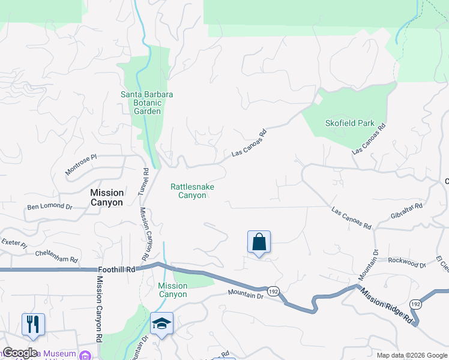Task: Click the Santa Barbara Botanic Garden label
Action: point(147,103)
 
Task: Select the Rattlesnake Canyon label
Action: point(192,191)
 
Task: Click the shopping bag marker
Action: point(259,242)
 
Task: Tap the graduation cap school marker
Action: point(161,324)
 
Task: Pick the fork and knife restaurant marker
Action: point(33,324)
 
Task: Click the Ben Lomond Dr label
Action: point(50,207)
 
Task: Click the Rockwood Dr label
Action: point(406,262)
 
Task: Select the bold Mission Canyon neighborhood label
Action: point(107,197)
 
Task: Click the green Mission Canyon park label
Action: point(173,290)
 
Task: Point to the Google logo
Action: point(20,353)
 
